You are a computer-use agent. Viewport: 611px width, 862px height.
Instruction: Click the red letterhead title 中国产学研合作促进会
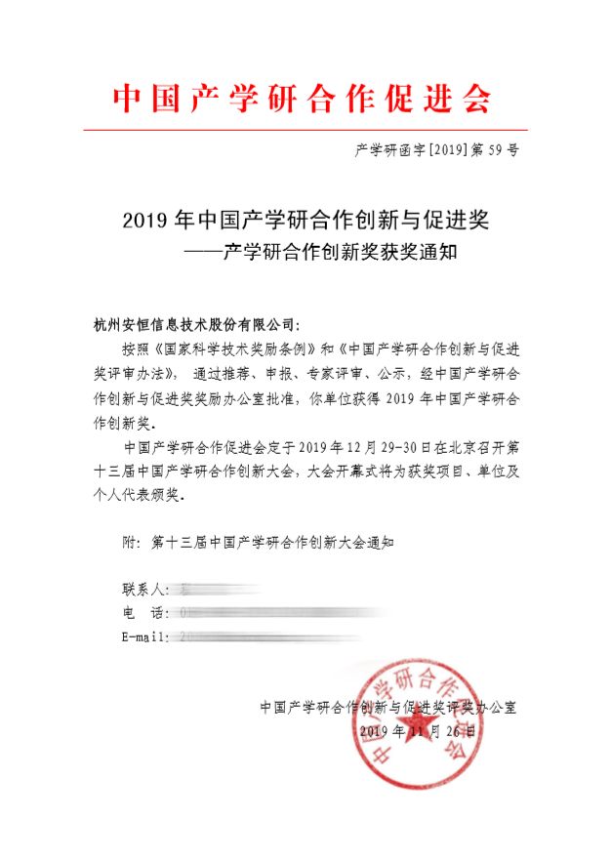click(304, 99)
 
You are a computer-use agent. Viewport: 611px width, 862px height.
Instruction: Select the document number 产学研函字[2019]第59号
click(435, 150)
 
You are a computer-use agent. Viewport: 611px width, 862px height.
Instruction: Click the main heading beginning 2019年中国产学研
click(305, 221)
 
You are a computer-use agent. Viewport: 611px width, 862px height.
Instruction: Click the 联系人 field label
click(145, 590)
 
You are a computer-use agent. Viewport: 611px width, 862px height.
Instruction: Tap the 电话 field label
click(145, 613)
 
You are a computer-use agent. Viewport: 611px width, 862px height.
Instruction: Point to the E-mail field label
click(145, 636)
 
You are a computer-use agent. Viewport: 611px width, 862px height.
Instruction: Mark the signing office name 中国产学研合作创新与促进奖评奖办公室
click(388, 707)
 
